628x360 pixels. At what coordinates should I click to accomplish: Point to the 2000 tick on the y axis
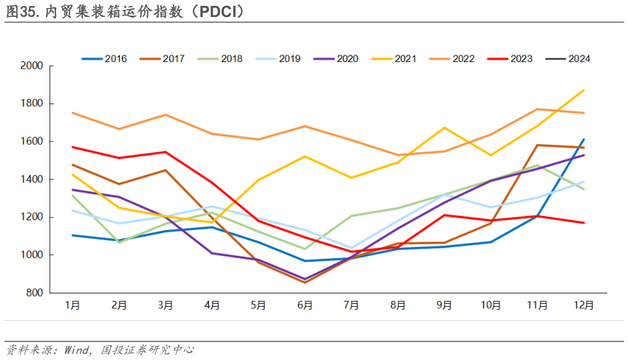33,66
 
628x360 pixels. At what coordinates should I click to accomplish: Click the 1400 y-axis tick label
33,180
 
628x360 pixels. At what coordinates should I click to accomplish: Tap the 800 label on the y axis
35,293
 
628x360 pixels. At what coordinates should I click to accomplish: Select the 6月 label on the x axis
304,305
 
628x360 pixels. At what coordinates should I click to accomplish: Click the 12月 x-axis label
583,305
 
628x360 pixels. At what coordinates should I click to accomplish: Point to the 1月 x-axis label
72,305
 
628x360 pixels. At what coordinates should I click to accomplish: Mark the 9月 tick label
444,305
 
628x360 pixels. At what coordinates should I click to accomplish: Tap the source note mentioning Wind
100,350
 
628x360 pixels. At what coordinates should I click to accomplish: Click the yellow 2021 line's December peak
584,90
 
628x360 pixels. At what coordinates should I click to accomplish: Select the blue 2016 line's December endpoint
584,139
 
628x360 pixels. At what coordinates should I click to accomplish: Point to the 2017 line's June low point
304,282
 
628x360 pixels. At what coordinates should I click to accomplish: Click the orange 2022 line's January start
72,113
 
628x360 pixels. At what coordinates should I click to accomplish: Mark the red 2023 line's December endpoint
584,223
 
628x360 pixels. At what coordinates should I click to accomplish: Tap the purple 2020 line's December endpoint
584,154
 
